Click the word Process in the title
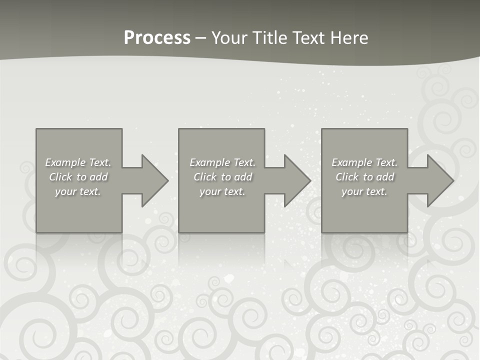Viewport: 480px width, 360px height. coord(157,38)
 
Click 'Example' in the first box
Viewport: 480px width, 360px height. coord(65,162)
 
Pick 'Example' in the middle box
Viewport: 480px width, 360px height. coord(209,162)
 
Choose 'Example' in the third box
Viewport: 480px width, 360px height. coord(351,162)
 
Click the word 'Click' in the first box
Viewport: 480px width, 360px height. coord(60,177)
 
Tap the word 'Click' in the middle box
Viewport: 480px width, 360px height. coord(205,177)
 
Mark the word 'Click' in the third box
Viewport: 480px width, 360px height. coord(347,177)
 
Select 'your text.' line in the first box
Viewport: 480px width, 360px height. coord(78,191)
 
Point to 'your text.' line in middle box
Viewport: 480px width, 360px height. coord(222,191)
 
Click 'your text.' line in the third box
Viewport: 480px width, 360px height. coord(364,191)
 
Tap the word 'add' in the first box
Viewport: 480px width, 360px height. coord(98,177)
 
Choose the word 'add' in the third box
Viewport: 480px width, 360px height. coord(385,177)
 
